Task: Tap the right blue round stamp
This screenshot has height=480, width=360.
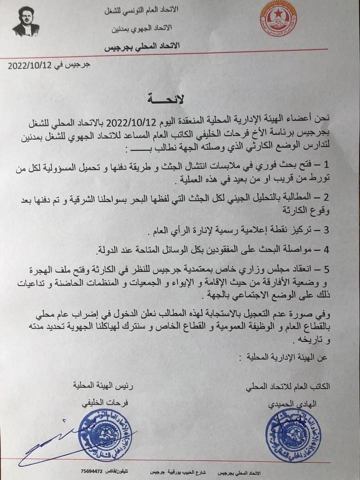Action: pyautogui.click(x=292, y=433)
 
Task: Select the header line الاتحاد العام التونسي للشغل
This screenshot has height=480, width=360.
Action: pyautogui.click(x=145, y=9)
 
